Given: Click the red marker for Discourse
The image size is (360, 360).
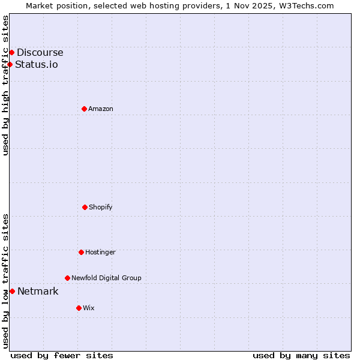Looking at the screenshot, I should [11, 53].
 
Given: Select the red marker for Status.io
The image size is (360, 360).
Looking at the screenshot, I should [10, 64].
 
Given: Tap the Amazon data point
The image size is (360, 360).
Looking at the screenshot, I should [84, 109].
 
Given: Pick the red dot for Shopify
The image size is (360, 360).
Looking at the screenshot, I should [85, 207].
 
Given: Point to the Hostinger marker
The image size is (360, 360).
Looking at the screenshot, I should [81, 252].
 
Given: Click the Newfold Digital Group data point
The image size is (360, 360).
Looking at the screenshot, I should [67, 278].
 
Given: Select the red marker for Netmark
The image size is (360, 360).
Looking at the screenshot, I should [12, 291].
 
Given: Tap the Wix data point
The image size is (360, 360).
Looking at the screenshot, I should [79, 308].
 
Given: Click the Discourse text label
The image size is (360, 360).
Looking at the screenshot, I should [40, 53].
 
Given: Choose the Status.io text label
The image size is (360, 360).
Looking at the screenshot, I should [37, 65].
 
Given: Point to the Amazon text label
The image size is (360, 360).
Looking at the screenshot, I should [101, 109].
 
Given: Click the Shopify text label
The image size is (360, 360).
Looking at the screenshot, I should [101, 207].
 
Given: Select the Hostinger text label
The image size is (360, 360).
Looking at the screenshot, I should [100, 252].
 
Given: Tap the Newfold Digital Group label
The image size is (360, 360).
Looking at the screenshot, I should [106, 278].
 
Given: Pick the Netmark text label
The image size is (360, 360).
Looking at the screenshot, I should [38, 292].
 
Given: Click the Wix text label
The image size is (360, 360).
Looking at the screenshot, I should [89, 308].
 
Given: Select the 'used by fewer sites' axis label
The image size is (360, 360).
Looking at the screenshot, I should [62, 355].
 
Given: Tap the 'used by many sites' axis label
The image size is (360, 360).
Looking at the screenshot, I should [301, 355].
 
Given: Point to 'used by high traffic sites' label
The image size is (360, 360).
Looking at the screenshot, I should [5, 85].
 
